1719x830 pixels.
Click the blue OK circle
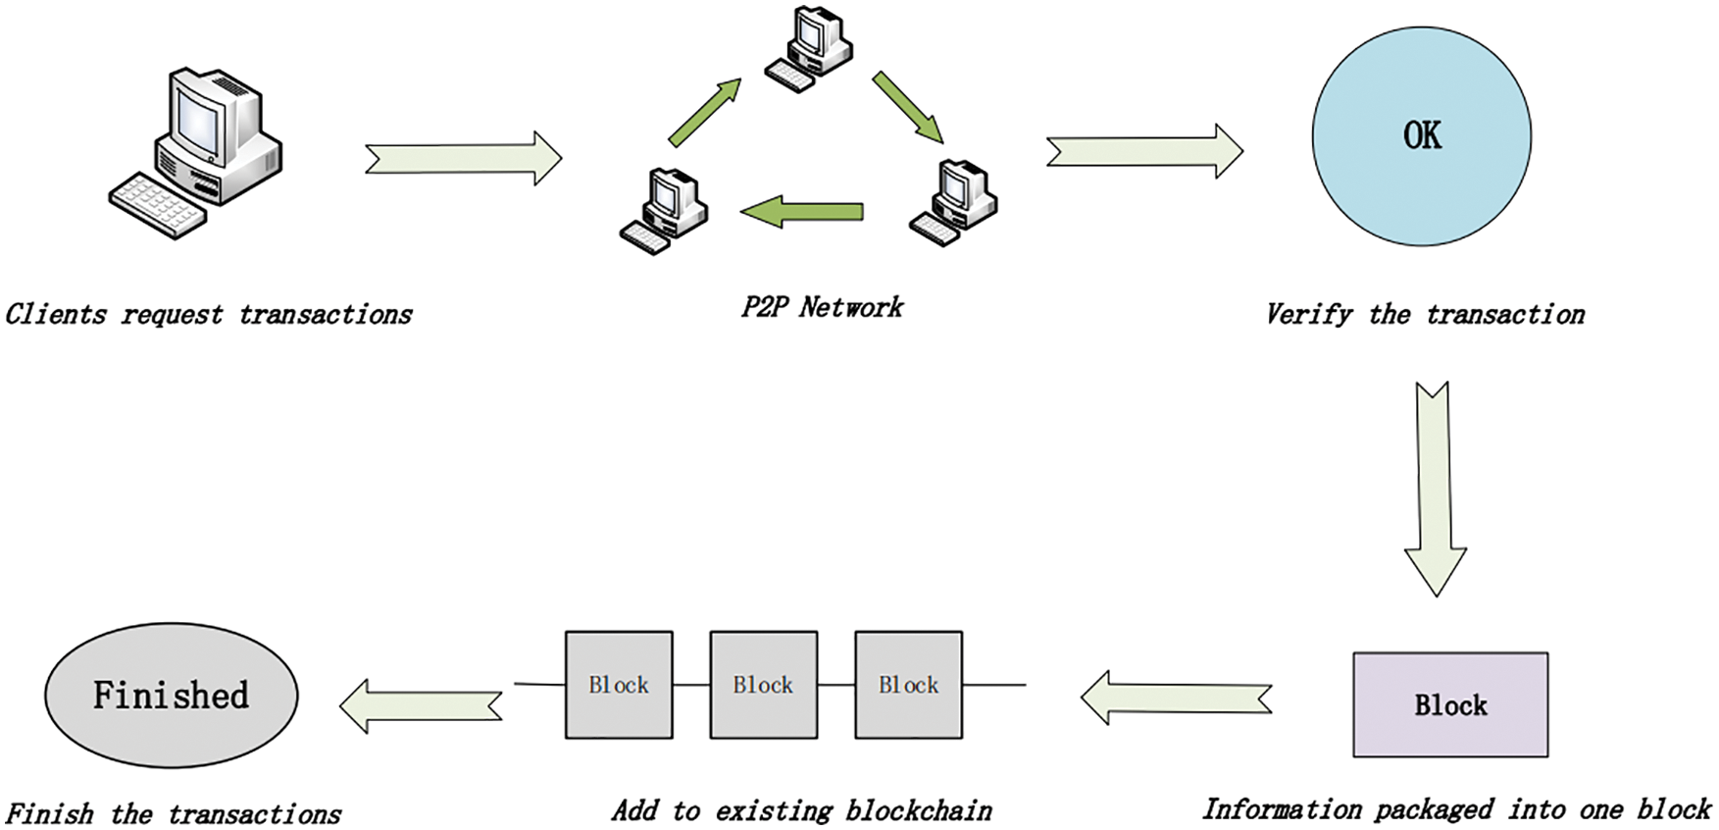point(1421,135)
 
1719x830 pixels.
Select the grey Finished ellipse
point(172,695)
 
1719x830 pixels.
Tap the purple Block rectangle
point(1450,704)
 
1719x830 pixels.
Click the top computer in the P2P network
point(809,48)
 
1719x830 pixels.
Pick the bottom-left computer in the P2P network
point(664,211)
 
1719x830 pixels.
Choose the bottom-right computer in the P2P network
point(953,202)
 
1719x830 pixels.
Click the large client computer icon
point(195,152)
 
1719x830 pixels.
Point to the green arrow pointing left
point(801,211)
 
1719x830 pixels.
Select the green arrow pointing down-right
point(908,107)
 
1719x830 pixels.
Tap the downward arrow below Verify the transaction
point(1435,489)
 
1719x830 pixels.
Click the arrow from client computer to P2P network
point(463,158)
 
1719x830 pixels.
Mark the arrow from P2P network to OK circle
point(1144,151)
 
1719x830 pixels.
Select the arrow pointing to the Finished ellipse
point(421,705)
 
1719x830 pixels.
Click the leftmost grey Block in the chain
point(619,685)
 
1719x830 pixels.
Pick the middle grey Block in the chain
point(763,685)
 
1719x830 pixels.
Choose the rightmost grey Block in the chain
point(908,685)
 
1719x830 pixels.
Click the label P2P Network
point(822,307)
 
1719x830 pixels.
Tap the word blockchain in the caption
point(919,810)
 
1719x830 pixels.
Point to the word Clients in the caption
point(56,314)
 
